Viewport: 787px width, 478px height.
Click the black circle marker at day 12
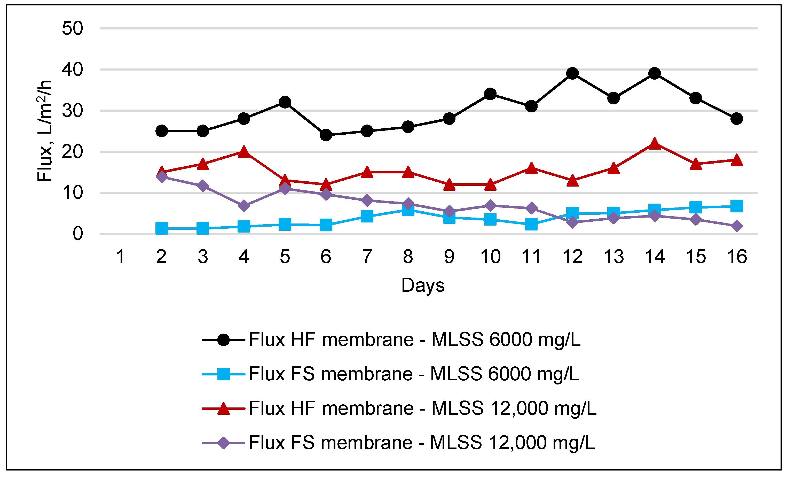pyautogui.click(x=572, y=73)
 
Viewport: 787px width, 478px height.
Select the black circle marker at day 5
pyautogui.click(x=285, y=102)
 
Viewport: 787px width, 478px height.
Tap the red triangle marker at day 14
pyautogui.click(x=655, y=144)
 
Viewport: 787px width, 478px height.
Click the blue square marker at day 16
pyautogui.click(x=737, y=206)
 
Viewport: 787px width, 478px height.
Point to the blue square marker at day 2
pyautogui.click(x=162, y=228)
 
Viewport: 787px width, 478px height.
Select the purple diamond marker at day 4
pyautogui.click(x=244, y=205)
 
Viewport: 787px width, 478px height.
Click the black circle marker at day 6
pyautogui.click(x=326, y=135)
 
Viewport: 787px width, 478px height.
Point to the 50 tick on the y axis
pyautogui.click(x=73, y=28)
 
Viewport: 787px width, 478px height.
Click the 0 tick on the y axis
pyautogui.click(x=78, y=234)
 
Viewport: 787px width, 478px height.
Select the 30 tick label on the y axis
pyautogui.click(x=73, y=111)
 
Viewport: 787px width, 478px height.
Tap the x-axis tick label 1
pyautogui.click(x=120, y=257)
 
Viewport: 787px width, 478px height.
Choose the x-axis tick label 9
pyautogui.click(x=449, y=257)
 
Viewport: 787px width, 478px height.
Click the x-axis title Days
pyautogui.click(x=423, y=285)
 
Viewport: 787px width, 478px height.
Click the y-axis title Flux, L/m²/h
pyautogui.click(x=44, y=131)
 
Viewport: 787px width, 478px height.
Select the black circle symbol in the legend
pyautogui.click(x=223, y=340)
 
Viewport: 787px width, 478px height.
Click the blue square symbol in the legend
pyautogui.click(x=223, y=374)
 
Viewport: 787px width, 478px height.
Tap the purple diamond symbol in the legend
pyautogui.click(x=223, y=443)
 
